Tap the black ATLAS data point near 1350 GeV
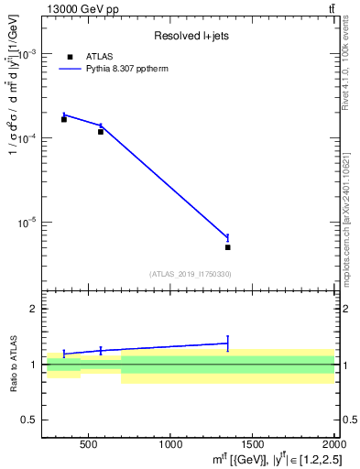(x=227, y=247)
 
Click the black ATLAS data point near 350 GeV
(x=64, y=119)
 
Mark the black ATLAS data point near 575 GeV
(x=101, y=132)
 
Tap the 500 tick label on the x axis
(x=88, y=445)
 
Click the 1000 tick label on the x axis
(x=170, y=445)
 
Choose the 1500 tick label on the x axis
(x=252, y=445)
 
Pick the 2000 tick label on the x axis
(x=332, y=445)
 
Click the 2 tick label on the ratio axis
(x=35, y=310)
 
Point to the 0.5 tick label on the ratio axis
(x=30, y=420)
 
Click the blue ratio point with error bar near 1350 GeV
(x=227, y=344)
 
